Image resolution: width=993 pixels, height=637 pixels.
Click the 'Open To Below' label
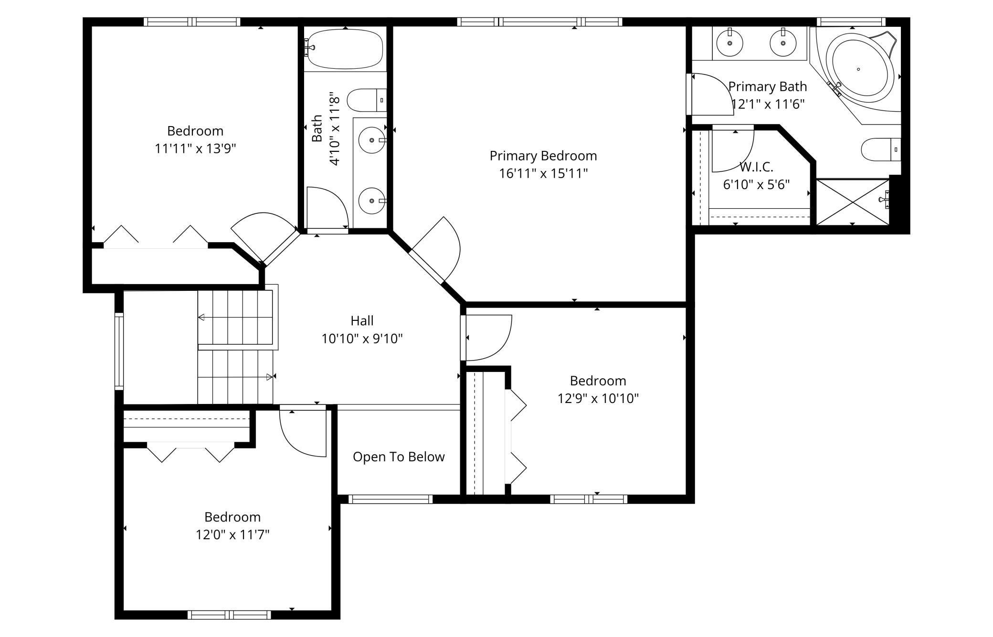click(x=399, y=457)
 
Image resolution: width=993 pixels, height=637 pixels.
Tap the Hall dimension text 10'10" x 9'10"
click(x=362, y=339)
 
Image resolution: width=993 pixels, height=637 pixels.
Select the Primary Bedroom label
click(x=543, y=156)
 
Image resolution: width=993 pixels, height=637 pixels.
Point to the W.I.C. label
click(x=756, y=167)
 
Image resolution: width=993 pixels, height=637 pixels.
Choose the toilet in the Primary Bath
click(x=881, y=149)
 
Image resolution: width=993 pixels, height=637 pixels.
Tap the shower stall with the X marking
click(x=853, y=202)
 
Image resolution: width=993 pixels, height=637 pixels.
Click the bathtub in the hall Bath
click(x=345, y=49)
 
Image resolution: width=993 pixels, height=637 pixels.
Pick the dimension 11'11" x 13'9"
click(x=195, y=149)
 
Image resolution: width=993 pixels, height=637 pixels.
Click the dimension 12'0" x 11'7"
click(x=232, y=534)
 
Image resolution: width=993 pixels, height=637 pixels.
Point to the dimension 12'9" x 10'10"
click(x=598, y=398)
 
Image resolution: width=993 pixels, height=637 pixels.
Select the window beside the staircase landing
click(x=119, y=351)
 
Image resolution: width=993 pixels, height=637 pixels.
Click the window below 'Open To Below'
click(x=391, y=499)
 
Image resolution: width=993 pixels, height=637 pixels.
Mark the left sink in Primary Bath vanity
click(x=730, y=43)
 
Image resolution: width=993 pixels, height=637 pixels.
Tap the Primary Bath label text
click(x=768, y=86)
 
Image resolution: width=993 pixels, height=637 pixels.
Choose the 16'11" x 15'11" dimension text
click(x=543, y=173)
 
